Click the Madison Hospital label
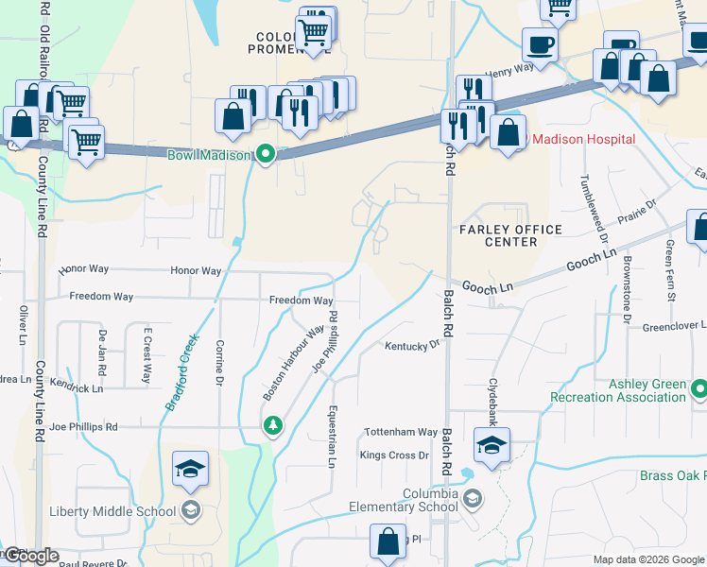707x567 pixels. pos(583,139)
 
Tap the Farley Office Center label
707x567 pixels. pos(509,235)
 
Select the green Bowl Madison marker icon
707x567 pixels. pos(267,154)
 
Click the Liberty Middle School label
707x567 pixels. pos(112,512)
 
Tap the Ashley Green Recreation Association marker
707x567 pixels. pos(699,389)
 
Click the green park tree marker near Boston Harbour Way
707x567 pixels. pos(273,426)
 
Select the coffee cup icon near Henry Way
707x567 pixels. pos(540,43)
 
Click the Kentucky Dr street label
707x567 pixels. pos(413,346)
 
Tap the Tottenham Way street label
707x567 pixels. pos(402,432)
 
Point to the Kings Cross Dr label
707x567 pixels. pos(394,455)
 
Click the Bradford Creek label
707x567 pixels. pos(181,372)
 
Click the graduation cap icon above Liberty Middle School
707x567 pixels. pos(190,468)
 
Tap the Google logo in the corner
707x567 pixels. pos(31,556)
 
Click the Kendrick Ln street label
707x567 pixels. pos(77,387)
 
